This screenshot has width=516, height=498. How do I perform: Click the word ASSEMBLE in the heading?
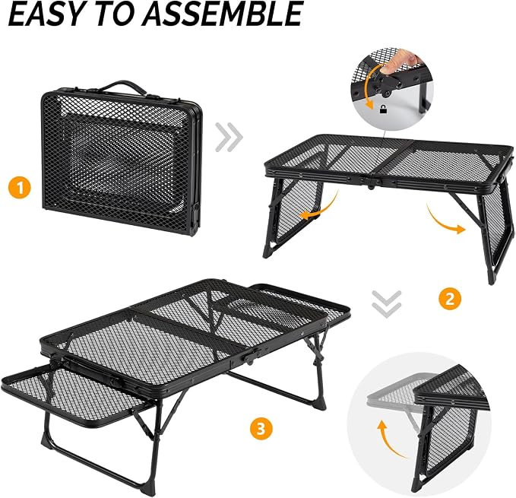pyautogui.click(x=222, y=14)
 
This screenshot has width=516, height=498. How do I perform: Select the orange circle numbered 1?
pyautogui.click(x=20, y=188)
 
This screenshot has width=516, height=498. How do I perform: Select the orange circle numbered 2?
pyautogui.click(x=450, y=298)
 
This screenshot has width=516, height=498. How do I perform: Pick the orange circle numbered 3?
pyautogui.click(x=261, y=429)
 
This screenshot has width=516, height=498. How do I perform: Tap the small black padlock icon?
pyautogui.click(x=383, y=109)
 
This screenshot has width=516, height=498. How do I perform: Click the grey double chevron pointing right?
pyautogui.click(x=229, y=137)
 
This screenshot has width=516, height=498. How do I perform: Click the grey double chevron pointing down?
pyautogui.click(x=387, y=304)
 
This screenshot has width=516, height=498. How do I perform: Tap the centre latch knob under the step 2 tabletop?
pyautogui.click(x=371, y=187)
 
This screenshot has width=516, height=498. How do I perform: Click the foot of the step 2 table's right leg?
pyautogui.click(x=491, y=278)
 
